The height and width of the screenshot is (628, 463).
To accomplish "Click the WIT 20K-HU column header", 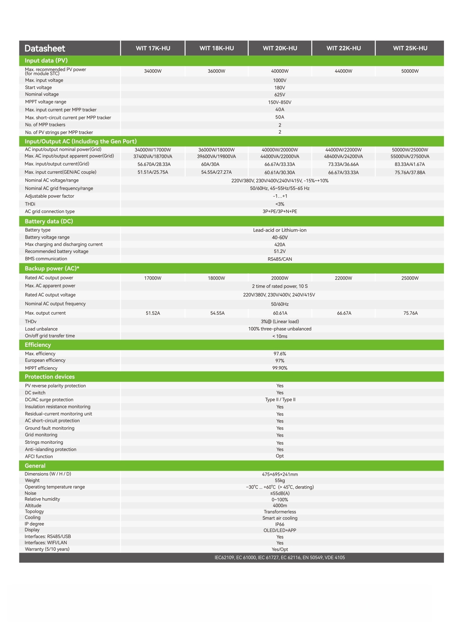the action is [280, 48].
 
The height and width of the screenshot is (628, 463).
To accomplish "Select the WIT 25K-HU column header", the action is [410, 48].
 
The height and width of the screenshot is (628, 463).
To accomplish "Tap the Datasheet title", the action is [45, 48].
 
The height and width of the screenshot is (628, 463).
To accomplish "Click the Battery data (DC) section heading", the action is [49, 221].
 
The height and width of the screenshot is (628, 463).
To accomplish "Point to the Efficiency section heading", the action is [38, 345].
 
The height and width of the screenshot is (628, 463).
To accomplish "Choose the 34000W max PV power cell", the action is [153, 71].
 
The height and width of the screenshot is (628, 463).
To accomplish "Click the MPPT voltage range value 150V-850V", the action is [279, 102].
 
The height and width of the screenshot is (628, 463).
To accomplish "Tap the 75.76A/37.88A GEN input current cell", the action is [410, 173].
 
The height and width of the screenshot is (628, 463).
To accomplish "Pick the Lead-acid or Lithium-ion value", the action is [279, 230].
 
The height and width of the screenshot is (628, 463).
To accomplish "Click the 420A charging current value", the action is [279, 245].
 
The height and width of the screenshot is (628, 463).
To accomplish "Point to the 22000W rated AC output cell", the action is [343, 278].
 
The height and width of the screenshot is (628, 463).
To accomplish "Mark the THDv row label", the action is [31, 321].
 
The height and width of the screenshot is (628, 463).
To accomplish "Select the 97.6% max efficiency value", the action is [279, 354].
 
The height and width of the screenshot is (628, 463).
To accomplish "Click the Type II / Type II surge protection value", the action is [280, 400].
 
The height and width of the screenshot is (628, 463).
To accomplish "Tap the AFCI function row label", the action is [39, 456].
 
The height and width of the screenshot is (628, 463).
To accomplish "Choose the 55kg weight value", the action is [279, 481].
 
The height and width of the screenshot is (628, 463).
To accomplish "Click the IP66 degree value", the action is [279, 524].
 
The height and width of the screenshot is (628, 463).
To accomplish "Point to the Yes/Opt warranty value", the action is [279, 549].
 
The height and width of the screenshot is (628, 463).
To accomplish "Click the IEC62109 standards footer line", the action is [279, 558].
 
